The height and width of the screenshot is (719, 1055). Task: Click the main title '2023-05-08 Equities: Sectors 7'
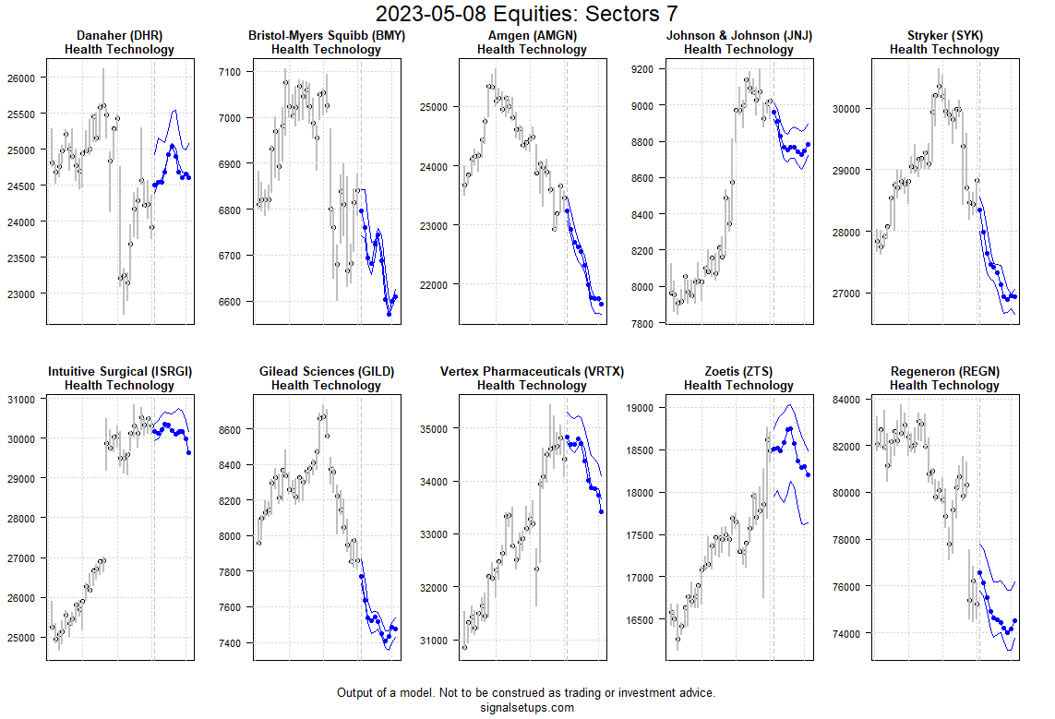527,14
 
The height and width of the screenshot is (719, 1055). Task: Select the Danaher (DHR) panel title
119,36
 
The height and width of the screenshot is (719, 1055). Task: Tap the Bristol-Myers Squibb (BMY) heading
326,36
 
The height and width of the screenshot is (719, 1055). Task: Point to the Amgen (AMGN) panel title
532,36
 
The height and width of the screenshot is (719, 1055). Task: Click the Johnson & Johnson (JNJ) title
738,36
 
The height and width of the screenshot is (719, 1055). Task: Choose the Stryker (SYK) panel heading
944,36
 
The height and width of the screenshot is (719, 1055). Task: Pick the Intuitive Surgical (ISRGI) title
119,372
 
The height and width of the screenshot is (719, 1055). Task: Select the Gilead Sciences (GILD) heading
326,372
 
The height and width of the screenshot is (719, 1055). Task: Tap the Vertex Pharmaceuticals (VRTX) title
532,372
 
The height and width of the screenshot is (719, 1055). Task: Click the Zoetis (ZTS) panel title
738,372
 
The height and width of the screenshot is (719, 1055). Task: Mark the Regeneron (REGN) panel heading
944,372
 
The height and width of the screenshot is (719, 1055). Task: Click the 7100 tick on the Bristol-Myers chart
230,72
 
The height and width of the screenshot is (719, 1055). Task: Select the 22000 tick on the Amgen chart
434,285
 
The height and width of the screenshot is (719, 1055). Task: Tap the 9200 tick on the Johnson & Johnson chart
642,69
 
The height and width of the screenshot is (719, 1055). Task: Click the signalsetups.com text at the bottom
527,708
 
